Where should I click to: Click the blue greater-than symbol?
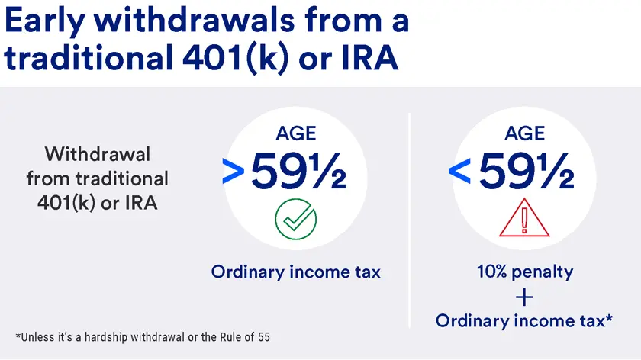[232, 173]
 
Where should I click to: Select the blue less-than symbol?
[460, 173]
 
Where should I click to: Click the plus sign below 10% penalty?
[525, 296]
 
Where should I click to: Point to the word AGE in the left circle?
[295, 134]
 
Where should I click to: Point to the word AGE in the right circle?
[525, 134]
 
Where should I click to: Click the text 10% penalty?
[525, 272]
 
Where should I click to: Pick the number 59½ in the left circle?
[298, 172]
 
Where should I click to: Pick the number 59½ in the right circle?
[527, 172]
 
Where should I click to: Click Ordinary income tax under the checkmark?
[295, 272]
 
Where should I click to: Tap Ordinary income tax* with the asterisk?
[525, 321]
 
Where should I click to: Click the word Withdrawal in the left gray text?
[98, 154]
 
